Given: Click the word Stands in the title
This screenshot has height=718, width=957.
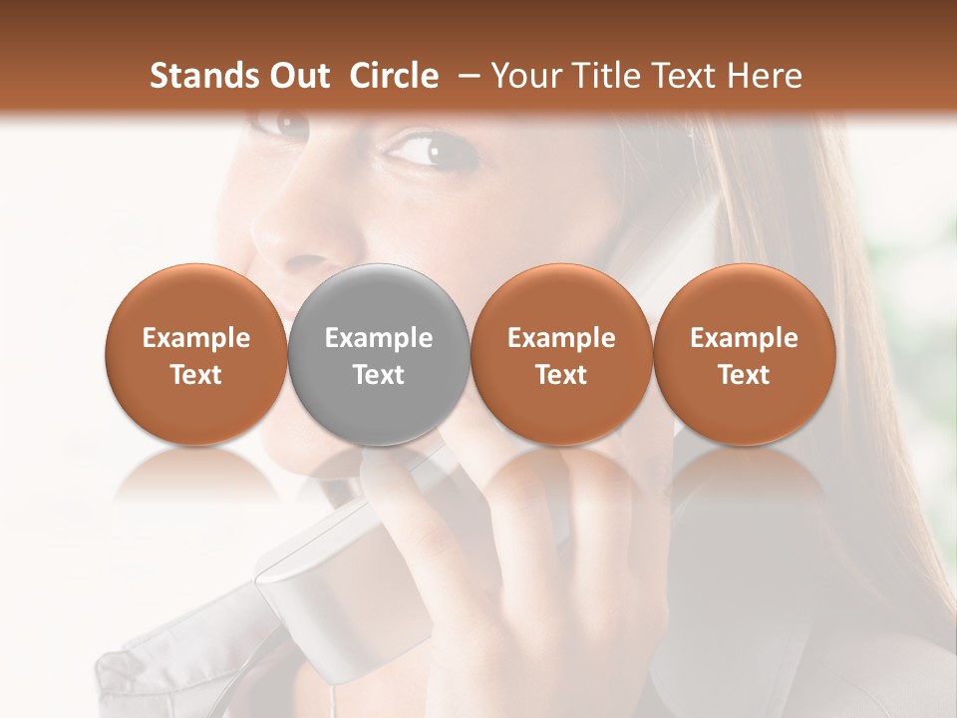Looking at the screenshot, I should click(202, 76).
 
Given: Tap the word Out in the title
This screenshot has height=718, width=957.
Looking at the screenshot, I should click(296, 76).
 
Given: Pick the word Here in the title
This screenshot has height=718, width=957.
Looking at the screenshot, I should click(765, 76).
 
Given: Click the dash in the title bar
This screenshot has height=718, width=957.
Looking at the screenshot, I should click(465, 76).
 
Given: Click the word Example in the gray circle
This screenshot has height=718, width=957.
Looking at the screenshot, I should click(379, 338).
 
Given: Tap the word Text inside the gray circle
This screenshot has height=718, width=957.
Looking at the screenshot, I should click(379, 375).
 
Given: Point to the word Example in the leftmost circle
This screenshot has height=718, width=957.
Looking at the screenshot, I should click(196, 338).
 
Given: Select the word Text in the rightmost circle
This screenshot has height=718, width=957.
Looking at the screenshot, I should click(744, 375).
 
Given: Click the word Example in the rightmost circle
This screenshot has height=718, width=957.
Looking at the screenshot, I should click(744, 338).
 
